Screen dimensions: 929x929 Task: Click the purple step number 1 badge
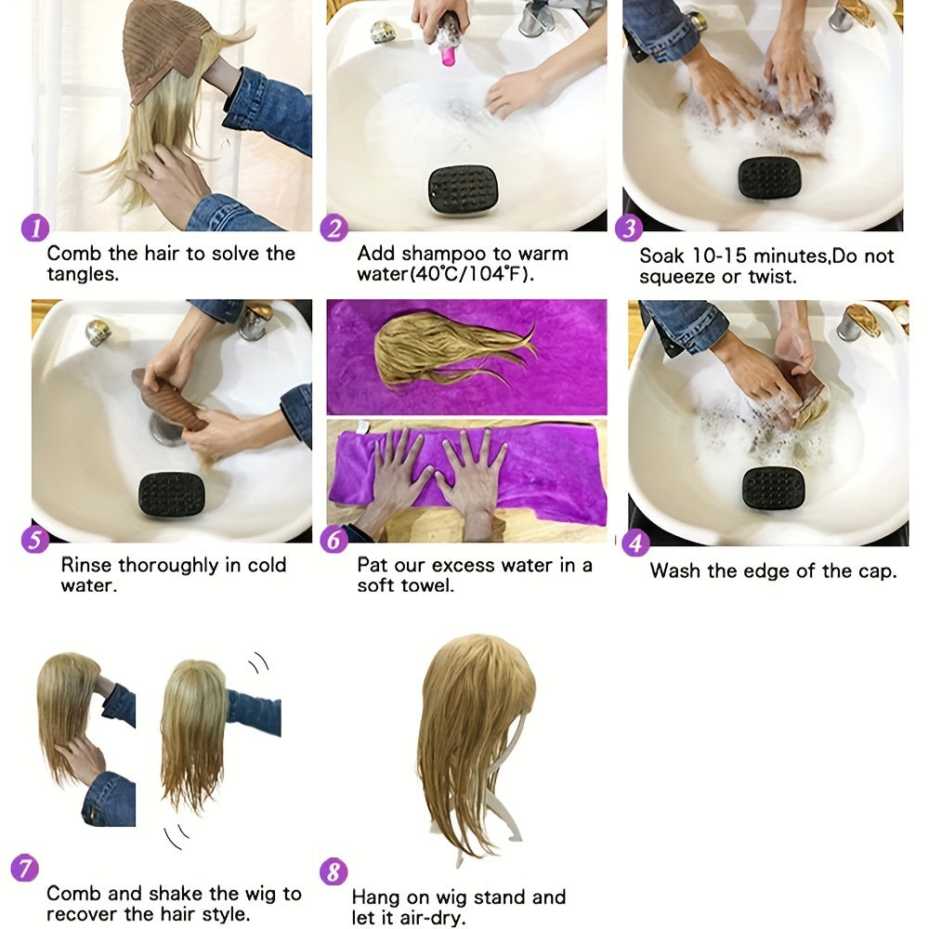[33, 228]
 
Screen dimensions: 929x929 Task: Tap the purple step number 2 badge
[334, 229]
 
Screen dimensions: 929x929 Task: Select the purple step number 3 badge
[629, 229]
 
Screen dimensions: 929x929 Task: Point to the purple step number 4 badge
[635, 543]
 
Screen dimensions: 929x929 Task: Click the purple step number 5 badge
[35, 539]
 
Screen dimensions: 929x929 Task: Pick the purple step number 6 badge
[334, 539]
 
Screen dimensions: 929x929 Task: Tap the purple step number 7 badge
[24, 869]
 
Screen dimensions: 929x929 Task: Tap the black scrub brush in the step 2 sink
[463, 190]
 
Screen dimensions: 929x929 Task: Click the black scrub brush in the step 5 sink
[171, 495]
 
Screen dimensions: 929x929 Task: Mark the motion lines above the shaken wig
[257, 662]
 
